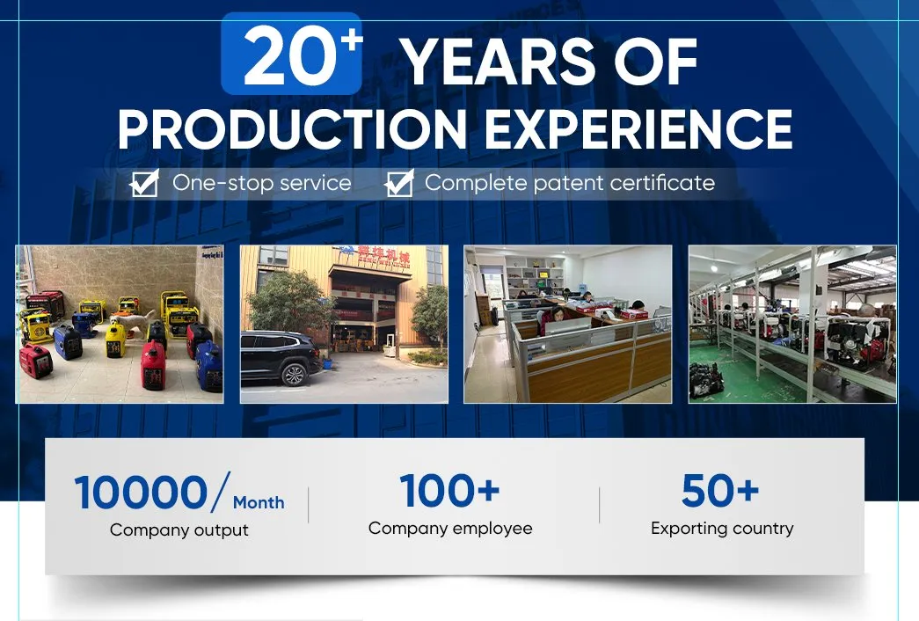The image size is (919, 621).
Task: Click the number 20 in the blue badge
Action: pos(280,57)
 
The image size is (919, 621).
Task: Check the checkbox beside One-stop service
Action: pos(143,184)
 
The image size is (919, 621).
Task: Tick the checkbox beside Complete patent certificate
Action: pos(399,184)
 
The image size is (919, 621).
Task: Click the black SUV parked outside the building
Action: pos(281,359)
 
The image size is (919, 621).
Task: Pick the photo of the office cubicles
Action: pos(567,324)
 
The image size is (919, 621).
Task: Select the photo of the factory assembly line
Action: pos(791,324)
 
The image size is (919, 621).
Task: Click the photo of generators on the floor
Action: pos(120,324)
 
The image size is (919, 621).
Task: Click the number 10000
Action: pos(141,493)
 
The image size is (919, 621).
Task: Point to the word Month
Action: pos(259,503)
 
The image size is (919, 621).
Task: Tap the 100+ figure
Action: pos(449,490)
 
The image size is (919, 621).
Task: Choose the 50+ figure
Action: pos(720,491)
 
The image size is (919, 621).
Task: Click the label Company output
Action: pos(179,530)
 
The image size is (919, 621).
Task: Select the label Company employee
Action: pos(449,529)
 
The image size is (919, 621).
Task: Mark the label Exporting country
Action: pos(721,529)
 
